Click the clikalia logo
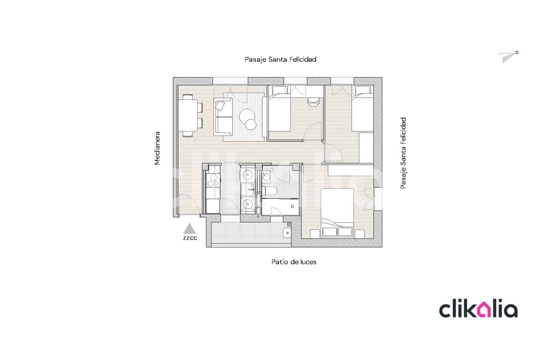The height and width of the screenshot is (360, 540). point(478,310)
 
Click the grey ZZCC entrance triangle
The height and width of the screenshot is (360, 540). point(190,229)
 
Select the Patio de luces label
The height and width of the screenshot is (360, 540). point(294,262)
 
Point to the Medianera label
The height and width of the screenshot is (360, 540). point(157,148)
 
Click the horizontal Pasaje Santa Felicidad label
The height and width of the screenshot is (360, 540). point(280,59)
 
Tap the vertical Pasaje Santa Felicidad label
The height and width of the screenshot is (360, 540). point(403,153)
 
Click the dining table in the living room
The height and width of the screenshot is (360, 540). point(188,115)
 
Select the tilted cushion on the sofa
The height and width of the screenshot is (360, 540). point(220,106)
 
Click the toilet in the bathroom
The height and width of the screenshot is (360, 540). point(270,191)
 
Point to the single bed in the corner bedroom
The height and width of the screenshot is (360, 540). point(362,109)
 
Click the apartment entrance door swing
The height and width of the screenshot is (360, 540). point(186,205)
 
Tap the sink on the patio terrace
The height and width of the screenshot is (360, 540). point(287,232)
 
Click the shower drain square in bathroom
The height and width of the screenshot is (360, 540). point(292,206)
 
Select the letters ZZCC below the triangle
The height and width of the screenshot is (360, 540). point(190,238)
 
